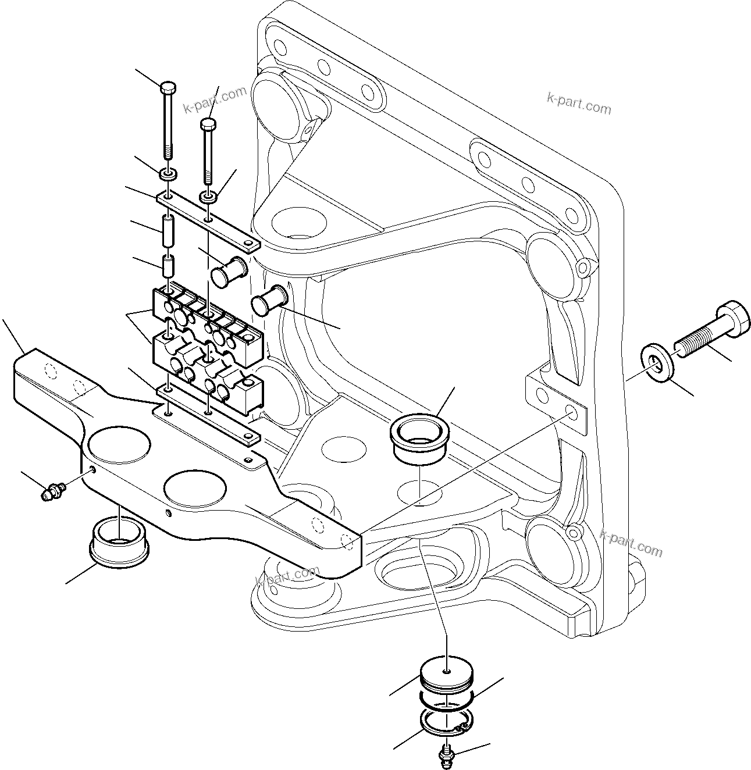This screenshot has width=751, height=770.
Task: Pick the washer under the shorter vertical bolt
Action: click(209, 197)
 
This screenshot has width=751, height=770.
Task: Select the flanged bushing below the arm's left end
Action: click(118, 538)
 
